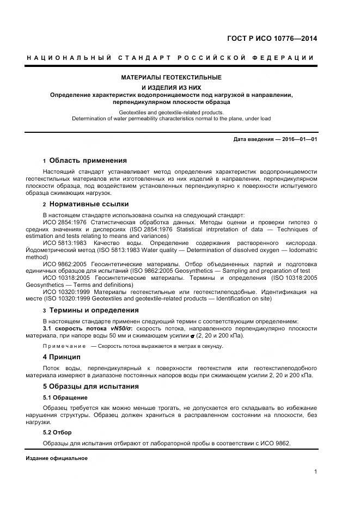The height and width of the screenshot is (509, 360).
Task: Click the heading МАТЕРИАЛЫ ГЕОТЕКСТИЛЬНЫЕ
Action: pos(171,77)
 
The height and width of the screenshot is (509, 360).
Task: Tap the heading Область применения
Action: pos(88,161)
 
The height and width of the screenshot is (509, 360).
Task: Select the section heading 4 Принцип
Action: pos(62,357)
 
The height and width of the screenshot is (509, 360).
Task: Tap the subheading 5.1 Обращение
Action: pos(65,397)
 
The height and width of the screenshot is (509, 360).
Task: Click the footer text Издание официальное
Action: pos(57,458)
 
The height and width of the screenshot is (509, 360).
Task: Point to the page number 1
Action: pos(316,472)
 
